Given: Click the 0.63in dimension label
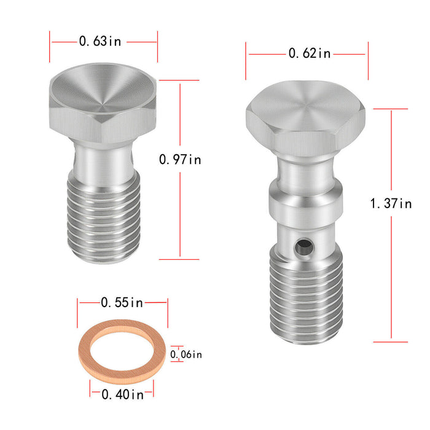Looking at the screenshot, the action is pyautogui.click(x=100, y=41).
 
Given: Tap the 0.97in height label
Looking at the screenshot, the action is pyautogui.click(x=180, y=160).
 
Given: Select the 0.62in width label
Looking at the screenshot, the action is pyautogui.click(x=310, y=53).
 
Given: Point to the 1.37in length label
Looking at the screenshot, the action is pyautogui.click(x=391, y=203).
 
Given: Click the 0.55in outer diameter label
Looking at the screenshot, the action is pyautogui.click(x=122, y=302).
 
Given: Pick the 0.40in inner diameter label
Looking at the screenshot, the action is pyautogui.click(x=123, y=394).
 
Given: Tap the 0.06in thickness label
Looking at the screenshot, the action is pyautogui.click(x=186, y=354).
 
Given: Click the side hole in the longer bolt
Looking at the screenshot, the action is pyautogui.click(x=304, y=247).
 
